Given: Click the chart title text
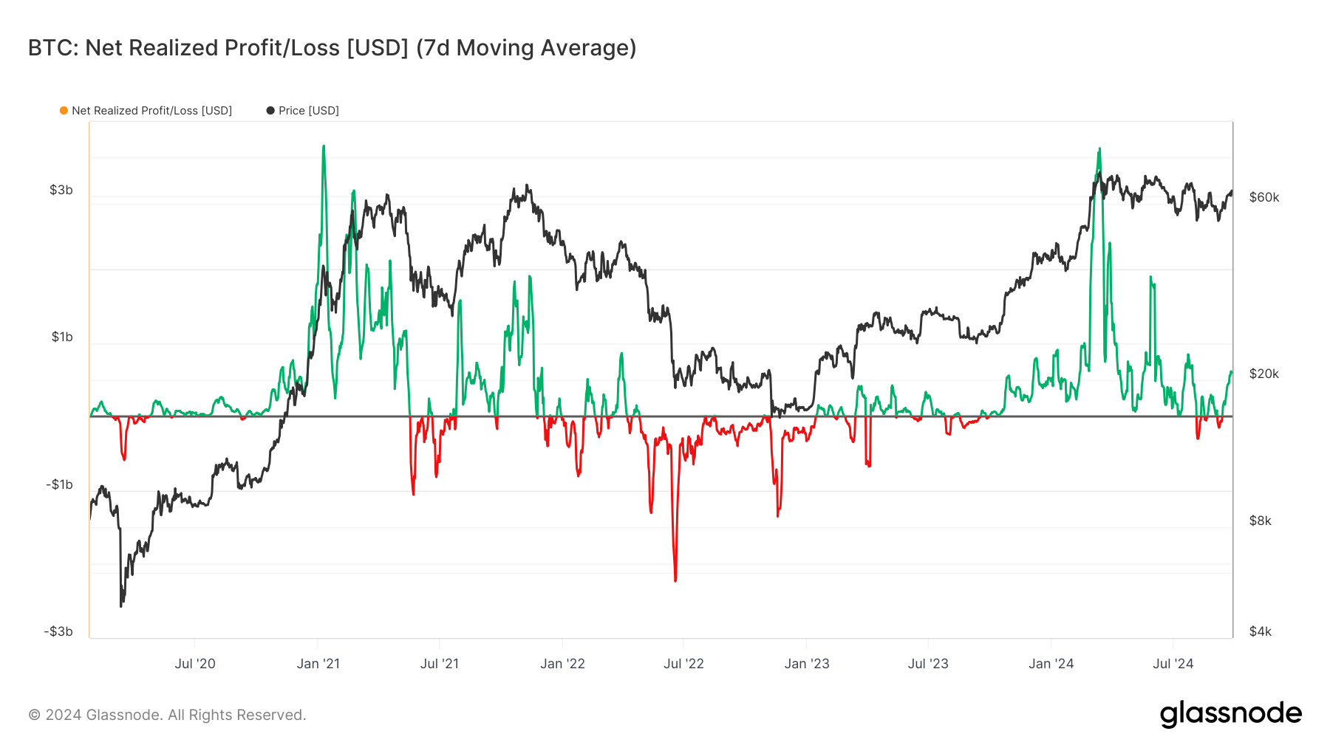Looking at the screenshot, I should coord(332,48).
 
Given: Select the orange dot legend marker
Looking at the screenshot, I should coord(64,111).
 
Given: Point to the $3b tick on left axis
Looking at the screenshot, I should coord(61,190).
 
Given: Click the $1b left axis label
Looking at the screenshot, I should coord(62,337).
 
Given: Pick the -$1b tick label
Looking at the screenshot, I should coord(59,484).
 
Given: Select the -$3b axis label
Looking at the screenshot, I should coord(58,631).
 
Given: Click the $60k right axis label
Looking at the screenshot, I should coord(1264,197).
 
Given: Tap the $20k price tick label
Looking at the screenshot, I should coord(1264,374).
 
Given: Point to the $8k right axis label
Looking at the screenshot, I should coord(1261,521).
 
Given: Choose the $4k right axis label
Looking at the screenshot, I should coord(1261,631).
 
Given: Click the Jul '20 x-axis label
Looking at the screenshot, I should coord(195,664).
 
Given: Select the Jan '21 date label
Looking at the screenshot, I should coord(318,664).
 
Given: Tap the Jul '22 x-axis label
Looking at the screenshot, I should coord(683,664).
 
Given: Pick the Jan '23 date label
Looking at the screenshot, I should coord(807,664).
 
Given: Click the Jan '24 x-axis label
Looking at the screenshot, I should coord(1051,664).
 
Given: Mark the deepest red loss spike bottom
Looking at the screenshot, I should coord(675,580).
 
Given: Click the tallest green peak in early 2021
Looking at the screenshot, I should coord(324,147).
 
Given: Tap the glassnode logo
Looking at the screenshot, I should coord(1231,714).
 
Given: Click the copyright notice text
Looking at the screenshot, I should coord(167,715).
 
